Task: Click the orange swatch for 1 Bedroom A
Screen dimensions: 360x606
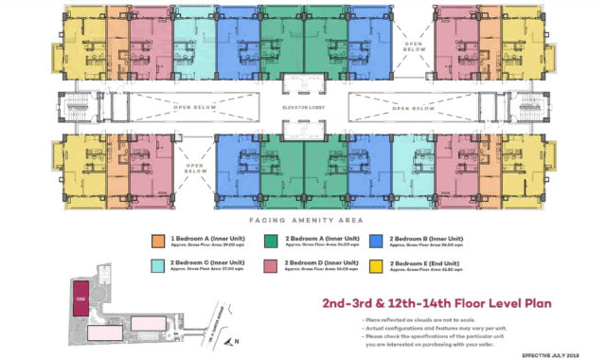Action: [155, 241]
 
